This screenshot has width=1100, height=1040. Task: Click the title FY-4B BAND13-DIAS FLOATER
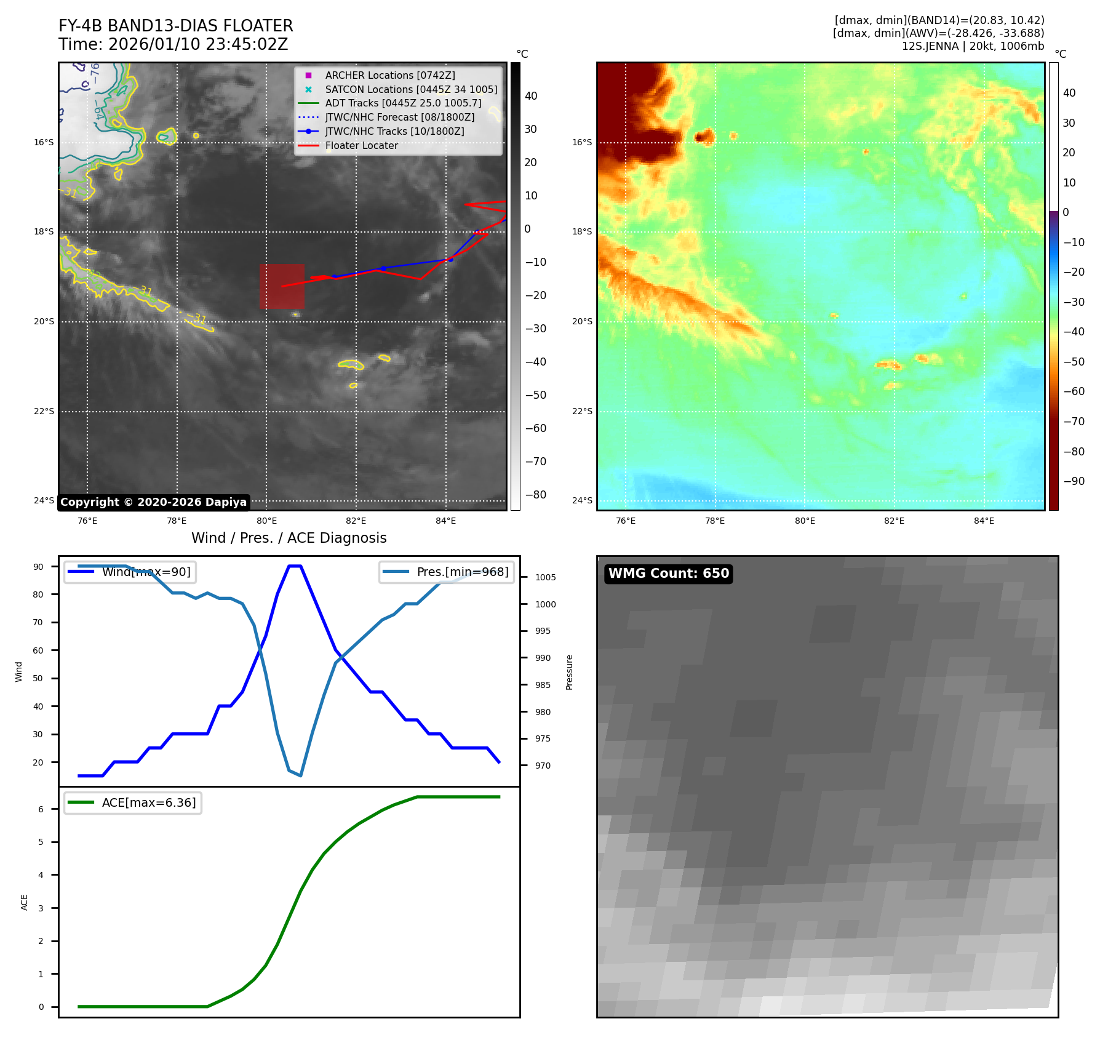click(x=175, y=26)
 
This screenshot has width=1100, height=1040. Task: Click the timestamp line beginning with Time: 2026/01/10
click(x=173, y=44)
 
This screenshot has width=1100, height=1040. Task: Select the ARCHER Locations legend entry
click(x=389, y=75)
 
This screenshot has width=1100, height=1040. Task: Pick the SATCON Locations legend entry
click(x=410, y=89)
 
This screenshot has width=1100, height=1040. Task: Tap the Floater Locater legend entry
click(x=361, y=145)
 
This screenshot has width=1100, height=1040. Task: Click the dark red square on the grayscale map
click(x=282, y=286)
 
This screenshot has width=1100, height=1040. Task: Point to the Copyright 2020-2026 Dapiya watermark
click(x=153, y=502)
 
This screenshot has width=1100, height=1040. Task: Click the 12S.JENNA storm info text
click(x=973, y=46)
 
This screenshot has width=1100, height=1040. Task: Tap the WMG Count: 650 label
click(x=668, y=574)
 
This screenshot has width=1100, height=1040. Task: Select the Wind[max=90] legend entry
click(x=146, y=572)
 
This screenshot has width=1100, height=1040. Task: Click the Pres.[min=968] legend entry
click(x=462, y=572)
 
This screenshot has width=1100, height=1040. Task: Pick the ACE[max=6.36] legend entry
click(x=148, y=802)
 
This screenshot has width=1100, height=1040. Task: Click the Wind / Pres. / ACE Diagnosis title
click(x=289, y=538)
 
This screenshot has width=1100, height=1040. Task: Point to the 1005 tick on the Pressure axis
click(x=545, y=577)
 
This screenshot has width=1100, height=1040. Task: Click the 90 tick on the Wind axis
click(x=38, y=567)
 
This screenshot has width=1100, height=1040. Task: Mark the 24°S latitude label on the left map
click(x=44, y=500)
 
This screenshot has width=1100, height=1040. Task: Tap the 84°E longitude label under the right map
click(x=984, y=521)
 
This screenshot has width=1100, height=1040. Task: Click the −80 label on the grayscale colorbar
click(x=535, y=495)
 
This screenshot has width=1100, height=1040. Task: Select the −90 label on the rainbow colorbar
click(x=1074, y=481)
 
